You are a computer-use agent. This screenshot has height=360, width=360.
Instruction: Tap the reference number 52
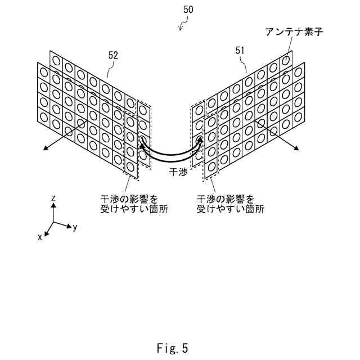pos(112,55)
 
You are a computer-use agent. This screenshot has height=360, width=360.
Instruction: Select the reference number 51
pos(240,51)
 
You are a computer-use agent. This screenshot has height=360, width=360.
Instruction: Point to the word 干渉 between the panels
pos(178,172)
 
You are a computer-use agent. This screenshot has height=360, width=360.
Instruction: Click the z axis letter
pos(52,198)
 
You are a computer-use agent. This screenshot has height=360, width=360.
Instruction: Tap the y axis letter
pos(75,227)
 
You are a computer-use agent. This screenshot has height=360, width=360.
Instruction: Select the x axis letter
pos(40,237)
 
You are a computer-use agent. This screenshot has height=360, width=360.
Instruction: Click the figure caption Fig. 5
pos(172,348)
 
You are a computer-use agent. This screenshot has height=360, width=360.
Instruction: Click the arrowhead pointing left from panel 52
pos(43,149)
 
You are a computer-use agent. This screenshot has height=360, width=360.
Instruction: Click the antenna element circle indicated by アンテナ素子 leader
pos(286,58)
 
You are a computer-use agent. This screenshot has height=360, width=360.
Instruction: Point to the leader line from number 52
pos(110,69)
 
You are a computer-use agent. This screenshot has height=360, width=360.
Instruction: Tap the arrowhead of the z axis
pos(52,206)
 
